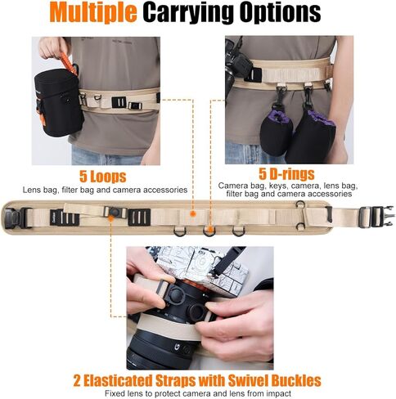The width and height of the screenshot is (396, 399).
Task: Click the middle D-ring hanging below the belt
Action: click(x=209, y=231)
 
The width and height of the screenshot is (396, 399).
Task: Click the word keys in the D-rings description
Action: click(x=264, y=186)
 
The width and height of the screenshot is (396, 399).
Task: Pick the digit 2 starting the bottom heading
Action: click(x=79, y=381)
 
